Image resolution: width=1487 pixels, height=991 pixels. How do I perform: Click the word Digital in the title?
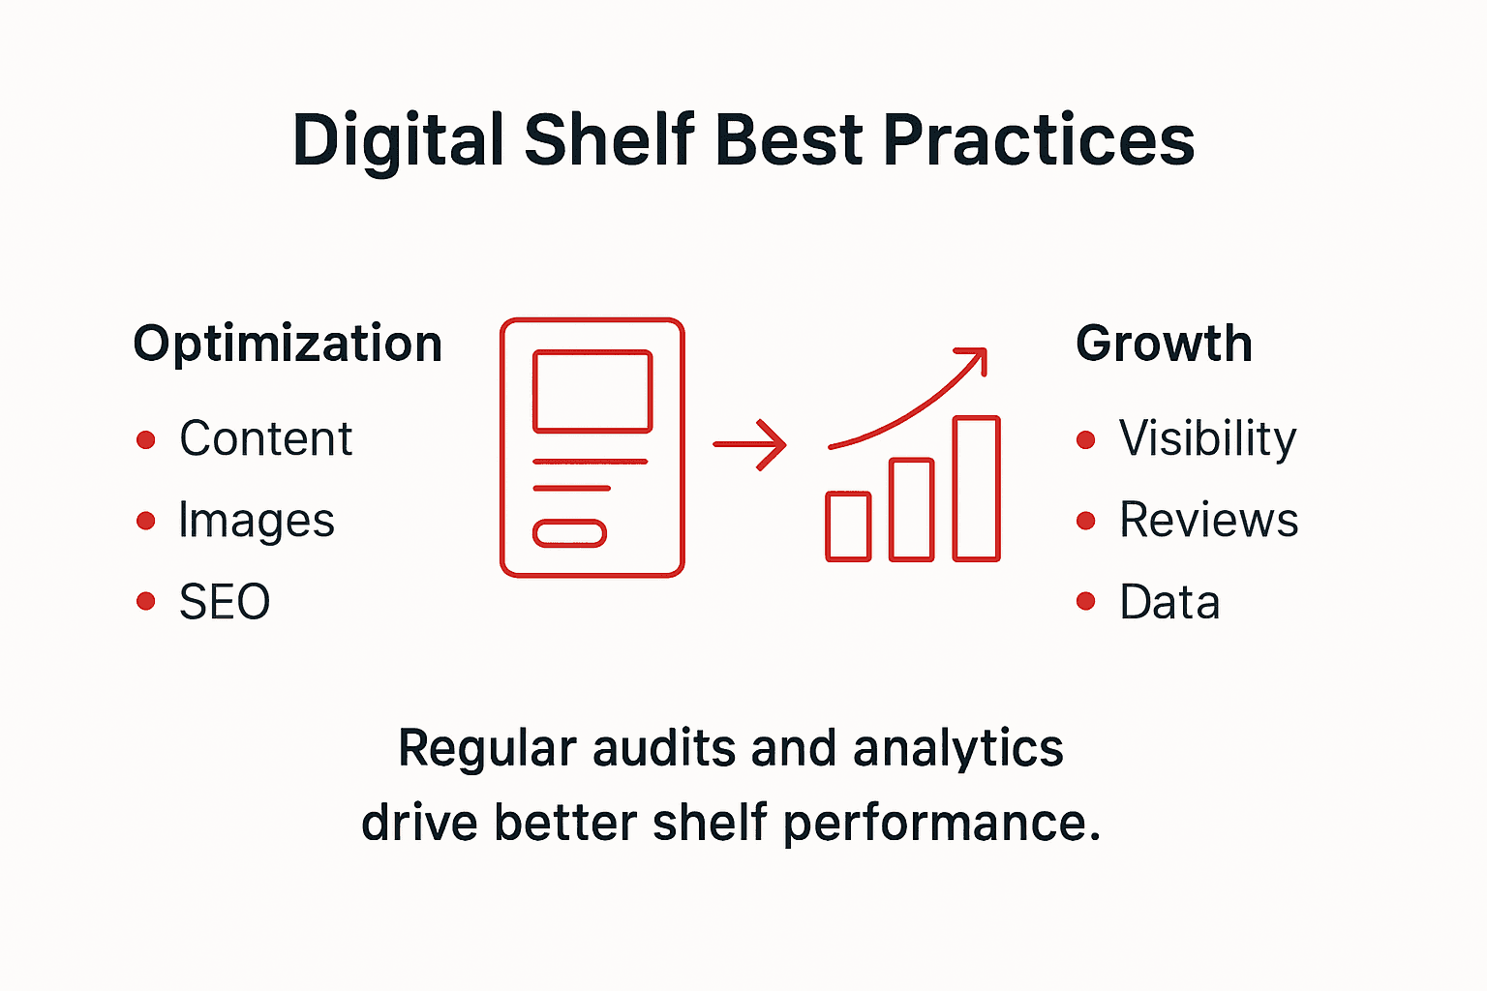(x=398, y=141)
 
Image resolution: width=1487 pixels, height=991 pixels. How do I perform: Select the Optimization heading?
(x=288, y=344)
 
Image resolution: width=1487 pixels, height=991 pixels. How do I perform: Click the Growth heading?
(x=1164, y=344)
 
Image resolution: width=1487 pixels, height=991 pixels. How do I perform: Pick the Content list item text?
(x=265, y=438)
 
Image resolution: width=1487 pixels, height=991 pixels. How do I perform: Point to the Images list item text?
(x=257, y=521)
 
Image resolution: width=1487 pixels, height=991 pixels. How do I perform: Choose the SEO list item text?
(x=225, y=602)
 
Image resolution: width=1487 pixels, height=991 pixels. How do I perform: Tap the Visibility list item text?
(x=1207, y=438)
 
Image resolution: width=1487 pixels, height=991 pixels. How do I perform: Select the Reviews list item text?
(x=1208, y=520)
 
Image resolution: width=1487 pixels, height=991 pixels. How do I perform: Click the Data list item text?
(x=1169, y=602)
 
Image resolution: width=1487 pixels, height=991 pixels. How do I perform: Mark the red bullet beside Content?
(x=146, y=440)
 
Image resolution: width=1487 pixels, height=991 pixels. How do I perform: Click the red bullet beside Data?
(x=1086, y=602)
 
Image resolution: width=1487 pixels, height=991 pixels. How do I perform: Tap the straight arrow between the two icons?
(x=749, y=445)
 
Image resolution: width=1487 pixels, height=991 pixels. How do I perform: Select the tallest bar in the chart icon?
(x=976, y=489)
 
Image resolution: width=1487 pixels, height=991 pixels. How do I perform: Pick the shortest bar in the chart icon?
(x=848, y=526)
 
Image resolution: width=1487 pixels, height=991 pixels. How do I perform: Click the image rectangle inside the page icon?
(x=592, y=391)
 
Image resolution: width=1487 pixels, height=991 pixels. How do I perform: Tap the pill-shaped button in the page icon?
(x=570, y=533)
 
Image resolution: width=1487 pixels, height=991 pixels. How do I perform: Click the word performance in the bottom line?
(x=941, y=824)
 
